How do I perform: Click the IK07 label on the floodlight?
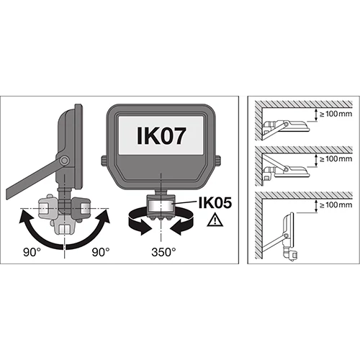(161, 135)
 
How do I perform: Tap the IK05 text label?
(215, 203)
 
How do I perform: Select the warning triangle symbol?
(215, 220)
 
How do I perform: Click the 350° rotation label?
(163, 252)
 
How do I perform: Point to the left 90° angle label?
(32, 252)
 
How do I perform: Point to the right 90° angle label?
(101, 252)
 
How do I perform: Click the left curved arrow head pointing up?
(27, 217)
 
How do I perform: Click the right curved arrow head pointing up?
(102, 217)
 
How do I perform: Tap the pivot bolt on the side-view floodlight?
(64, 161)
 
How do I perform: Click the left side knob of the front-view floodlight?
(104, 161)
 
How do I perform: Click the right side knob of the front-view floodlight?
(218, 161)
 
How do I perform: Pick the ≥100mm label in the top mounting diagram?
(336, 114)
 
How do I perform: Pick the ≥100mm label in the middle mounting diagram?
(336, 158)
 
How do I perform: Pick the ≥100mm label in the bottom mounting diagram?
(336, 204)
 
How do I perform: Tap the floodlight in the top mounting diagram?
(286, 128)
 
